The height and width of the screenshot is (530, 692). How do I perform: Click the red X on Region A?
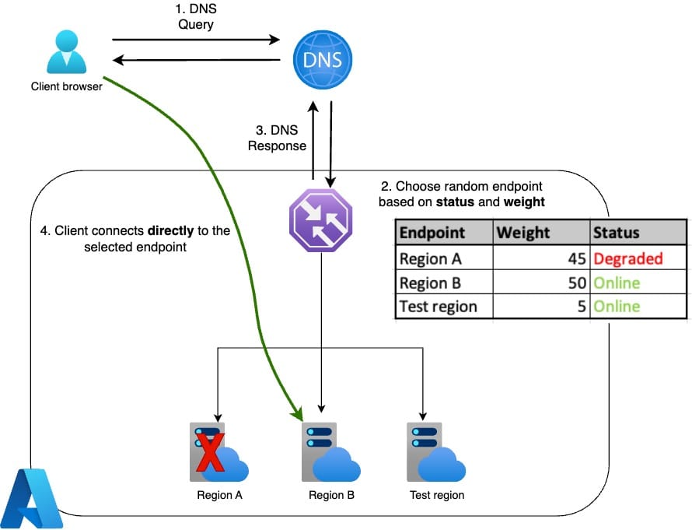[208, 454]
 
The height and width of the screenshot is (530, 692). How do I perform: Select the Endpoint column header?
[432, 232]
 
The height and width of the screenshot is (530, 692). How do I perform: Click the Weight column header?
[523, 232]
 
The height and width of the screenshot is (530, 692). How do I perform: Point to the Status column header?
[616, 232]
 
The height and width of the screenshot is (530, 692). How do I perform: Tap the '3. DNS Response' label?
[278, 138]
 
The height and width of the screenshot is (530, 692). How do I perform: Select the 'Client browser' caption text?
[66, 86]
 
